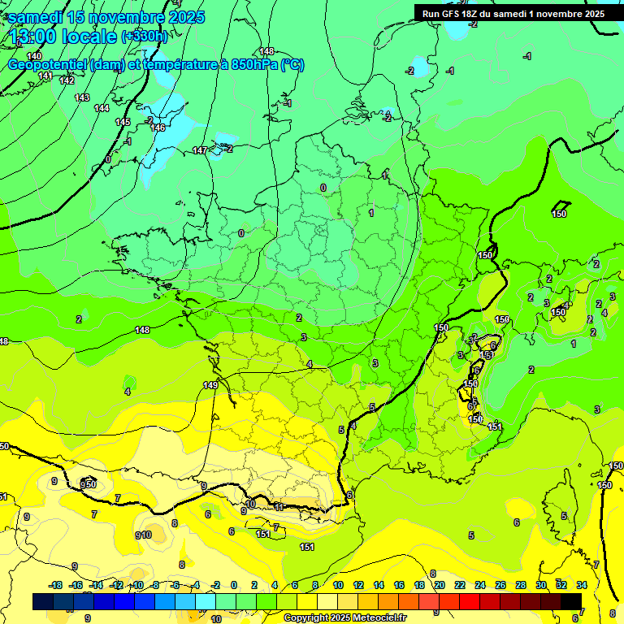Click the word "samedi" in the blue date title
coord(36,17)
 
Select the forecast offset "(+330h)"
coord(144,37)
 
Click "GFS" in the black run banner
coord(452,14)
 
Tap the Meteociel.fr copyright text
coord(344,618)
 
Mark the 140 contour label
coord(34,55)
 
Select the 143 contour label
coord(82,97)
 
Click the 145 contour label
coord(123,122)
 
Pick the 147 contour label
coord(200,151)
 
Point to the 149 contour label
coord(210,385)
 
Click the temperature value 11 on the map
coord(279,506)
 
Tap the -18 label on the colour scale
coord(56,585)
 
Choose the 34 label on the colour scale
coord(582,585)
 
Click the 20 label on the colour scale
coord(440,585)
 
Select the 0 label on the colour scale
coord(234,585)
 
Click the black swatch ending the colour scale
coord(571,601)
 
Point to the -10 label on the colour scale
coord(137,585)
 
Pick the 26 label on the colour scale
coord(500,585)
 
